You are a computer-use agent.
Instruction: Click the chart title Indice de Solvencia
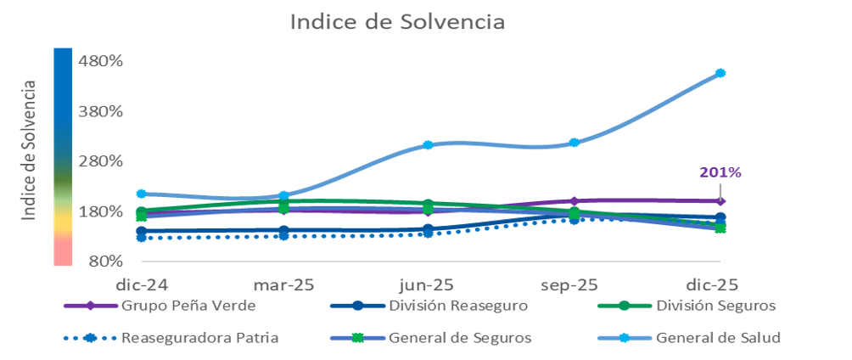click(397, 22)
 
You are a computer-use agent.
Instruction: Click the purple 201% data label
click(720, 172)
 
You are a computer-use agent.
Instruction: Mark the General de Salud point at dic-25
click(720, 73)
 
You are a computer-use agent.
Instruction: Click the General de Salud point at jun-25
click(429, 145)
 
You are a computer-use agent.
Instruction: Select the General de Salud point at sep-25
click(575, 143)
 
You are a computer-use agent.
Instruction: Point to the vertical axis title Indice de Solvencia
click(31, 151)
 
